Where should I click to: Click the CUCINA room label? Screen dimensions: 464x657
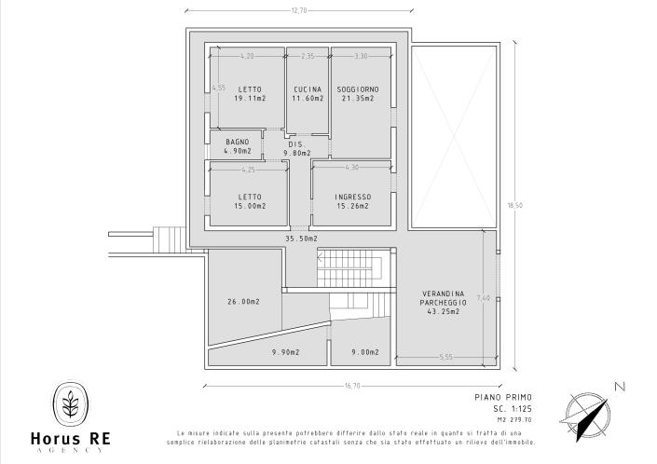[x=307, y=89]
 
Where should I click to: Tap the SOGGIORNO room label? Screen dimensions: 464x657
[x=357, y=89]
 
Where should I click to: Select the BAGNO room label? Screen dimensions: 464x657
[x=238, y=142]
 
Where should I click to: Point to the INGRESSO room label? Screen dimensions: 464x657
[x=353, y=197]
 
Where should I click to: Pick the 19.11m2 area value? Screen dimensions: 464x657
[x=249, y=98]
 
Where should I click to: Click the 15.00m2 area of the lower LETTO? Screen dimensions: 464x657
[x=249, y=205]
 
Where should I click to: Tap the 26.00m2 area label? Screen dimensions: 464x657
[x=243, y=302]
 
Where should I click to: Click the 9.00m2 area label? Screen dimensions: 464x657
[x=364, y=352]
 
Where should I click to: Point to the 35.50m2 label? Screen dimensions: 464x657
[x=301, y=239]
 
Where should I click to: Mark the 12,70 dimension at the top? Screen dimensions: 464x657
[x=299, y=10]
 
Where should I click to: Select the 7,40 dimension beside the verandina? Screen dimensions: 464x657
[x=482, y=298]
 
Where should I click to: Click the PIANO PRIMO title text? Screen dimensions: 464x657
[x=488, y=398]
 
